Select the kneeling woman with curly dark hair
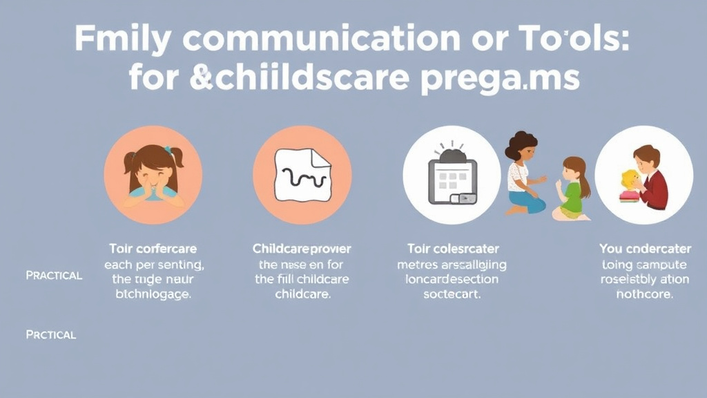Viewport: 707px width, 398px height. tap(525, 173)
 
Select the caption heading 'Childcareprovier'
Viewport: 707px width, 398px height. tap(302, 248)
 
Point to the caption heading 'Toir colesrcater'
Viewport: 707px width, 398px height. tap(452, 248)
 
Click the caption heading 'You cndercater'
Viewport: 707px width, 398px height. tap(645, 248)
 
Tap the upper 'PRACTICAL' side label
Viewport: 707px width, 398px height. tap(54, 275)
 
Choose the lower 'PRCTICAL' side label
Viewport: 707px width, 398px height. tap(50, 334)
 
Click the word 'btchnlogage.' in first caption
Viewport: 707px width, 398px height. tap(152, 294)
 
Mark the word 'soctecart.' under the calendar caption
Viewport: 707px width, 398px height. tap(452, 294)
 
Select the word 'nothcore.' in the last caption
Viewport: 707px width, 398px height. tap(645, 294)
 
